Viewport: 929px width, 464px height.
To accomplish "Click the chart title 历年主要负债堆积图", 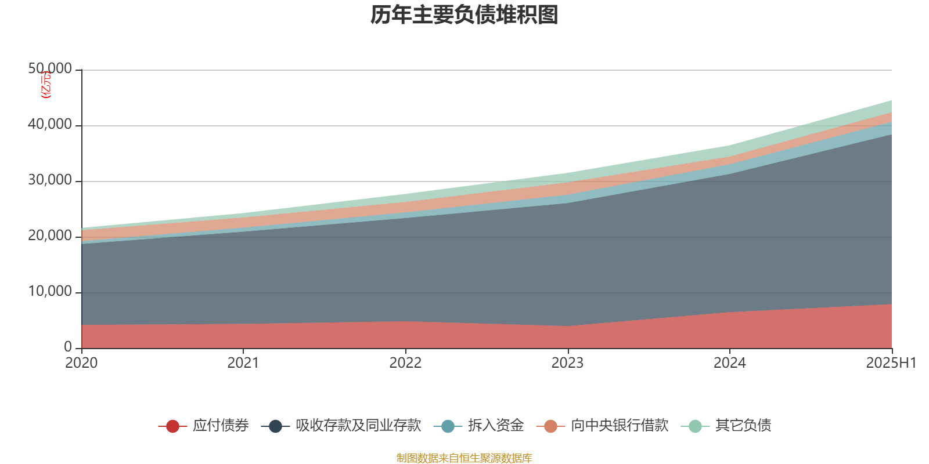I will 464,16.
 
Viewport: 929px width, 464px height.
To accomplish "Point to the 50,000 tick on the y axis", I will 50,69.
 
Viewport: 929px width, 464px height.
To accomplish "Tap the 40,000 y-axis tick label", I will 50,125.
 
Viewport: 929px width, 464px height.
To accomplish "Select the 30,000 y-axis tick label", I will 50,180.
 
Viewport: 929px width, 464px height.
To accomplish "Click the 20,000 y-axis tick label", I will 50,236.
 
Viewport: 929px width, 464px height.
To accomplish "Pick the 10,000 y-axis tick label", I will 50,292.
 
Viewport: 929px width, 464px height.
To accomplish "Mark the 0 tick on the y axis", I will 68,347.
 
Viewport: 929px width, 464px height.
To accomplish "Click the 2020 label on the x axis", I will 81,363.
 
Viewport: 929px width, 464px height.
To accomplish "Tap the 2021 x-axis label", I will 243,363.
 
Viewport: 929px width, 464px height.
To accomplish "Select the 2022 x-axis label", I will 405,363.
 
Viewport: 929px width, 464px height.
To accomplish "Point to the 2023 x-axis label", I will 567,363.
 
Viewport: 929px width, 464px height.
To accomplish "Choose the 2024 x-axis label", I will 729,363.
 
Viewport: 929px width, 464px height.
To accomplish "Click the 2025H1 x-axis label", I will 891,363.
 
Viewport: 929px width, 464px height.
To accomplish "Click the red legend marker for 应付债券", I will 172,426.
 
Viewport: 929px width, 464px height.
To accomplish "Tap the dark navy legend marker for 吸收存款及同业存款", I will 275,426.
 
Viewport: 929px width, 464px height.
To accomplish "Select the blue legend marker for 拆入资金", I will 448,426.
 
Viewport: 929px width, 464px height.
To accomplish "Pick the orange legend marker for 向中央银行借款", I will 550,426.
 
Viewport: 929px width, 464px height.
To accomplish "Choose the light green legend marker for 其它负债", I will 695,426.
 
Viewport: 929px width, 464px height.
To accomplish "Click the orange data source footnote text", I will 464,458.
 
